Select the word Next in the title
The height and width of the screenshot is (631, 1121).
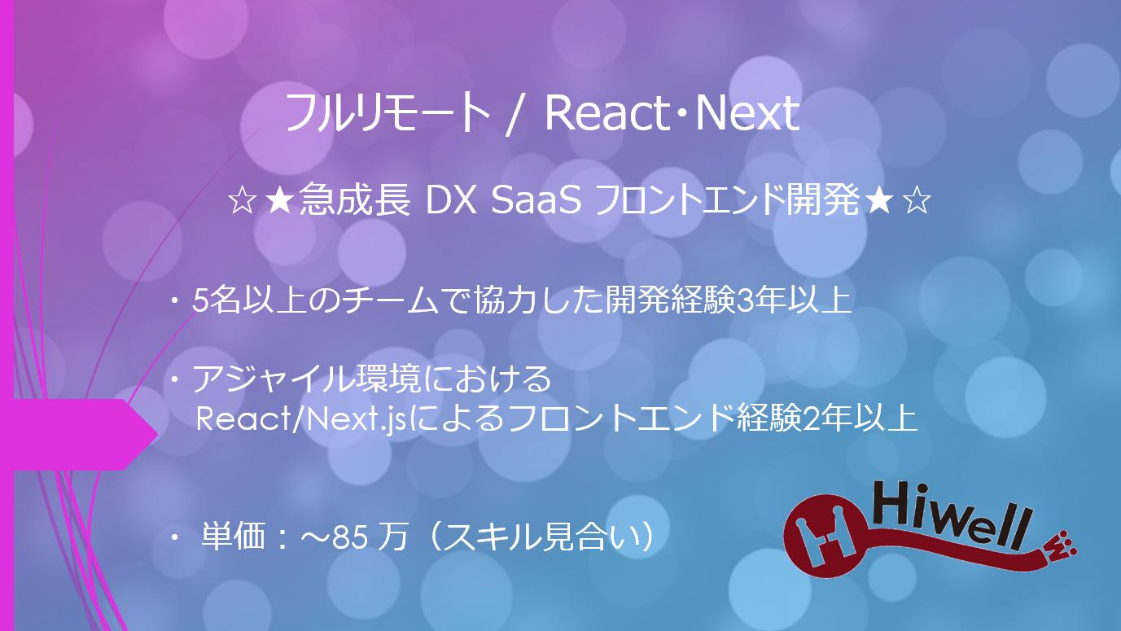tap(747, 115)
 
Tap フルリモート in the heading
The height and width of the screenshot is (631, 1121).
tap(386, 115)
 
